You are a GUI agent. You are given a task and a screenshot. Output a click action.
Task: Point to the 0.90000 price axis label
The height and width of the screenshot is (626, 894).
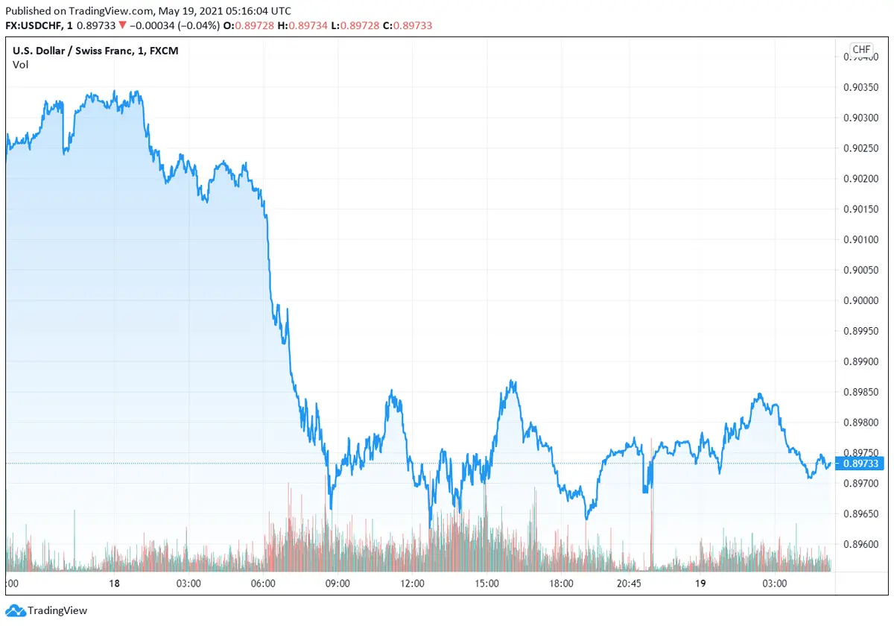(x=860, y=300)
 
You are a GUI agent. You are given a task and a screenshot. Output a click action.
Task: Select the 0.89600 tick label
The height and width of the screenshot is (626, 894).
(x=860, y=545)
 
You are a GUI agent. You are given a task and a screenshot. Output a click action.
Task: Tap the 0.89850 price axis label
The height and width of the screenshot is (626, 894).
(x=860, y=392)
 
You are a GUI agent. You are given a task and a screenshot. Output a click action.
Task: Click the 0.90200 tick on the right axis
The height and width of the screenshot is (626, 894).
(x=860, y=179)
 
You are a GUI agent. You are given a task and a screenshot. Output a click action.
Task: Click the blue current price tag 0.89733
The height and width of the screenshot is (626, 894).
(x=860, y=464)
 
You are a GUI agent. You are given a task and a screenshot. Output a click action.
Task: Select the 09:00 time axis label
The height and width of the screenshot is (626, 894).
(x=337, y=584)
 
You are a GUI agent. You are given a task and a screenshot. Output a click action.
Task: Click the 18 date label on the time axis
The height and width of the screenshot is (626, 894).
(x=114, y=584)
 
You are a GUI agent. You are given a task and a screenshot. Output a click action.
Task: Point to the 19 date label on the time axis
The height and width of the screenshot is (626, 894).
(x=700, y=584)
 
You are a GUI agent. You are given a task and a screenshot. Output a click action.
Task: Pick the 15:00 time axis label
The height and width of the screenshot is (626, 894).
(x=486, y=584)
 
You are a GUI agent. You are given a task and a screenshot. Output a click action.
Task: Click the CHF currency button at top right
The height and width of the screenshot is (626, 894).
(x=861, y=50)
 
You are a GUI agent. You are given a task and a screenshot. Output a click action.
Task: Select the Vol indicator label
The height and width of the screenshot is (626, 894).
(x=20, y=65)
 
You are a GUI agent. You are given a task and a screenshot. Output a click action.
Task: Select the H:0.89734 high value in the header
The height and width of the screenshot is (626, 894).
(x=302, y=25)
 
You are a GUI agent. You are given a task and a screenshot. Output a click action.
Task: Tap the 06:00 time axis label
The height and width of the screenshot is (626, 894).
(x=263, y=584)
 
